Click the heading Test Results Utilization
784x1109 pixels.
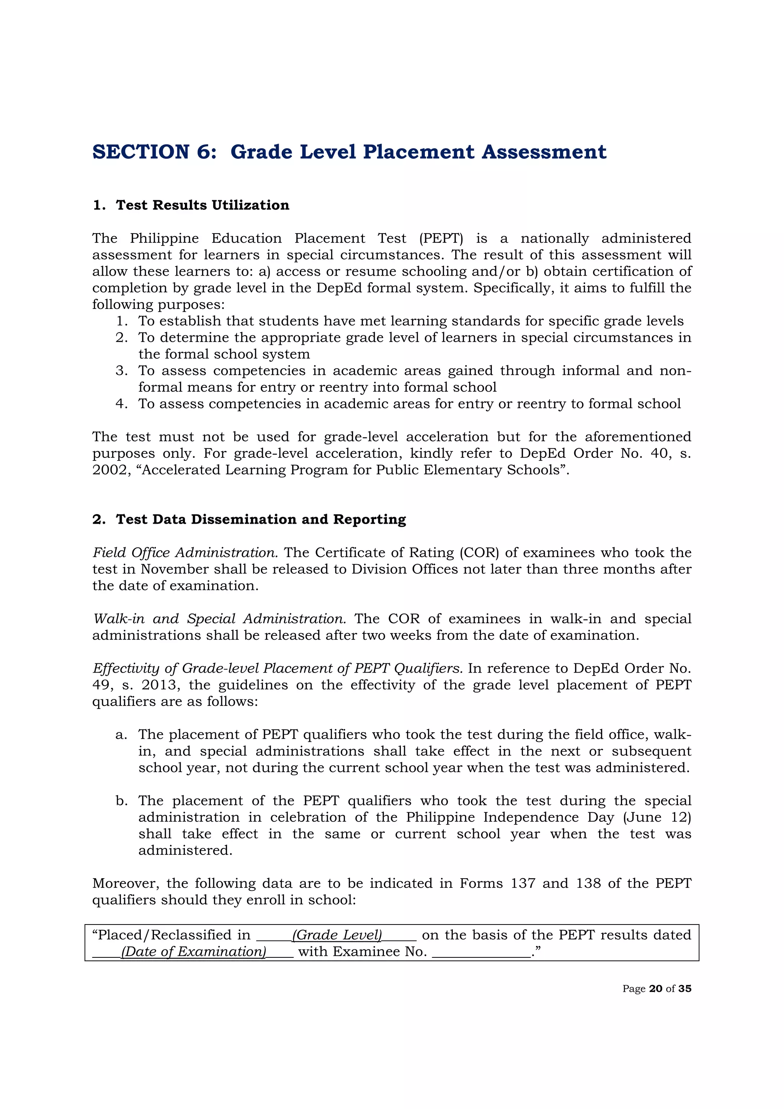coord(203,205)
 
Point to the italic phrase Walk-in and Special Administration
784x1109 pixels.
coord(219,619)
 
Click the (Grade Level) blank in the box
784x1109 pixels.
coord(337,935)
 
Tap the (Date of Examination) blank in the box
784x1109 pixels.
coord(193,952)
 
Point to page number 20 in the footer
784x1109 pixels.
coord(655,989)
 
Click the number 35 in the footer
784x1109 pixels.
coord(684,989)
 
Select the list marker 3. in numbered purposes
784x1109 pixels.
coord(121,371)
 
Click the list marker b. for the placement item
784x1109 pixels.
coord(121,801)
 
